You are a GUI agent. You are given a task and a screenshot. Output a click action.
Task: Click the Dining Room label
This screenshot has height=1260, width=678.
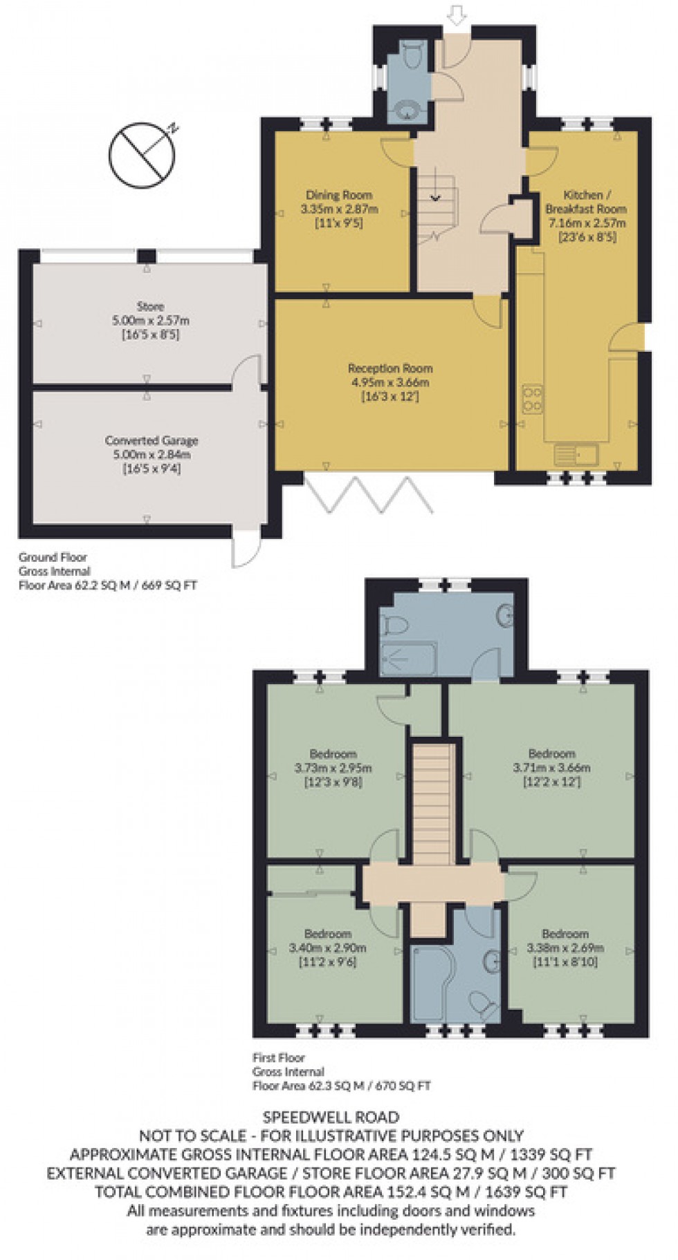click(x=339, y=196)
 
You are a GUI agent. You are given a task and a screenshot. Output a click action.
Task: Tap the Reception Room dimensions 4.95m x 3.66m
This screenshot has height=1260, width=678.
click(x=390, y=382)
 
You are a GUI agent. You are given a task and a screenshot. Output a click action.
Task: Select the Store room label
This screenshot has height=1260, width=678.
click(x=150, y=306)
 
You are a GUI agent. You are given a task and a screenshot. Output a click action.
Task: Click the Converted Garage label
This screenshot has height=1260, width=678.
click(x=152, y=440)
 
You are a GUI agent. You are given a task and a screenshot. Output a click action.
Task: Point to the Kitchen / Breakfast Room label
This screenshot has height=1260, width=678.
click(x=586, y=202)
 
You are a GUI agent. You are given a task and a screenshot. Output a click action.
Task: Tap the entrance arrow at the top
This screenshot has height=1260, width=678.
click(x=456, y=13)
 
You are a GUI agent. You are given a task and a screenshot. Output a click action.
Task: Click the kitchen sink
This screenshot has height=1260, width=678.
click(x=576, y=455)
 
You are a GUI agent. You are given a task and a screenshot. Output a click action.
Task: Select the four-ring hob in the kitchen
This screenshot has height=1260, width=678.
click(x=533, y=399)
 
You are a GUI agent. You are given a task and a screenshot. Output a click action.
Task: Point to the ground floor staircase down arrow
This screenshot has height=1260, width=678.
click(x=435, y=198)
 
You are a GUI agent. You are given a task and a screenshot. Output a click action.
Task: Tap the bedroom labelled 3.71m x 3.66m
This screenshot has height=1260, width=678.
click(x=551, y=767)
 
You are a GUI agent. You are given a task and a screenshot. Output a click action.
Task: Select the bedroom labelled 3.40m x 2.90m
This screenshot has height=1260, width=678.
click(x=327, y=948)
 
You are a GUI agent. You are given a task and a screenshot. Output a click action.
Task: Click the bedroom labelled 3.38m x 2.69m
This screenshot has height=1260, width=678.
click(x=565, y=948)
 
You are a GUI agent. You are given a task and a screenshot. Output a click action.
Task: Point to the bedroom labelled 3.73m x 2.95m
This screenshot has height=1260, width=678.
click(x=333, y=767)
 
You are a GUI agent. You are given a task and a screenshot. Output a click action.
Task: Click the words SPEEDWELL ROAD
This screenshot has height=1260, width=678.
click(x=331, y=1117)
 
